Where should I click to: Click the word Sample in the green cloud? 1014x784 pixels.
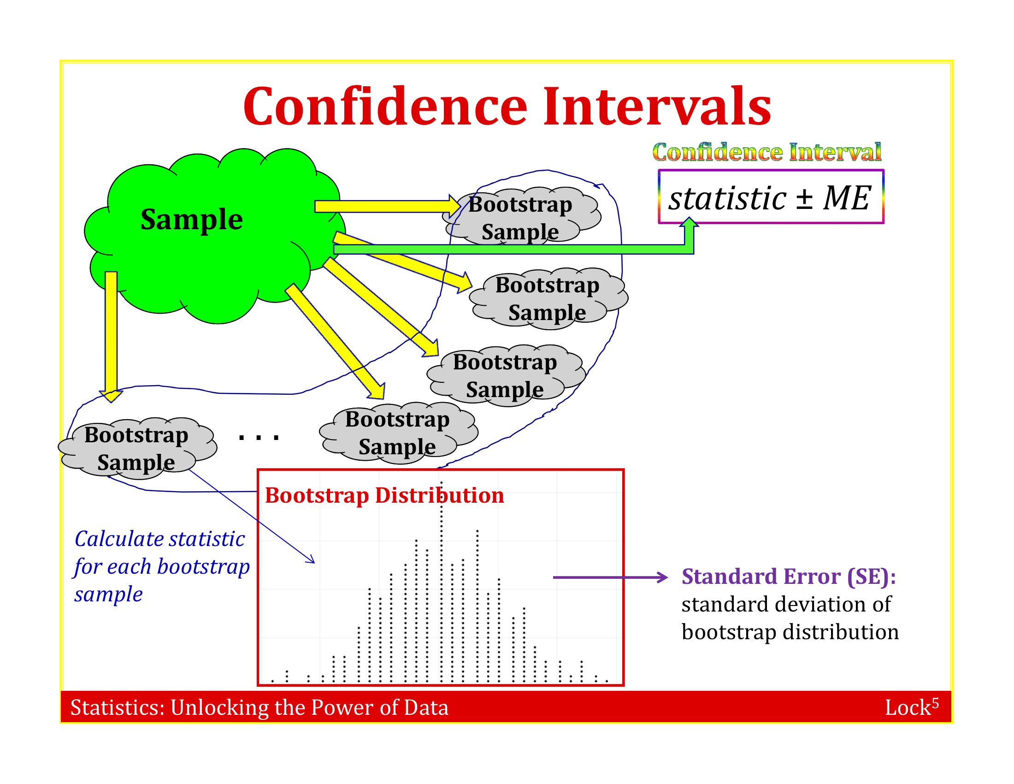pyautogui.click(x=191, y=220)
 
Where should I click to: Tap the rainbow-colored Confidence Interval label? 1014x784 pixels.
pyautogui.click(x=766, y=152)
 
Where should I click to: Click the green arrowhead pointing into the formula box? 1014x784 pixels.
pyautogui.click(x=689, y=222)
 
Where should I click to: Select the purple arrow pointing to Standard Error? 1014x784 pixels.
pyautogui.click(x=610, y=577)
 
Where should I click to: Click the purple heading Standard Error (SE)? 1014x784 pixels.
pyautogui.click(x=788, y=576)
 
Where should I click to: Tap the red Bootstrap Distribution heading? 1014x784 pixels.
pyautogui.click(x=384, y=495)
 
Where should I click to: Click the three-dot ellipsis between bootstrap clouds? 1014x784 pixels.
pyautogui.click(x=259, y=438)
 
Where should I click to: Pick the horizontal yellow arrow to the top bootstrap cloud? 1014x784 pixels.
pyautogui.click(x=388, y=206)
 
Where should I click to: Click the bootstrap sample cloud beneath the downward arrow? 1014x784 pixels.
pyautogui.click(x=137, y=448)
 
